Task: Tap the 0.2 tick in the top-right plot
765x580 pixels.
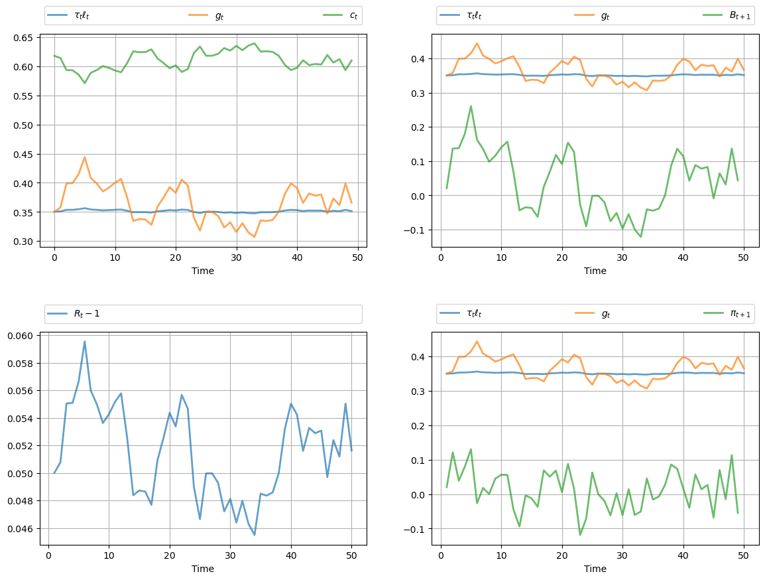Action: click(x=420, y=127)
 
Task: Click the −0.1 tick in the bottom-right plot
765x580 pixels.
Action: click(x=417, y=529)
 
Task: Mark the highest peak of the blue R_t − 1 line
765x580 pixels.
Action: click(x=84, y=341)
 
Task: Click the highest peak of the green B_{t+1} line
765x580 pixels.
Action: click(x=471, y=106)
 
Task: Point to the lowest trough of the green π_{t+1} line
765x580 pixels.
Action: click(x=580, y=535)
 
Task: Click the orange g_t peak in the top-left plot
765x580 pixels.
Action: click(x=84, y=157)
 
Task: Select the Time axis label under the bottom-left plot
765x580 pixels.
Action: click(x=203, y=569)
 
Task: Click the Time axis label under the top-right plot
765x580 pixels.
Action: click(x=595, y=271)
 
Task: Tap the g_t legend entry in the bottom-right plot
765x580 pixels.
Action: click(x=605, y=314)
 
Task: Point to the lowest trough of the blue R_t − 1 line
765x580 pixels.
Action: click(x=255, y=535)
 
